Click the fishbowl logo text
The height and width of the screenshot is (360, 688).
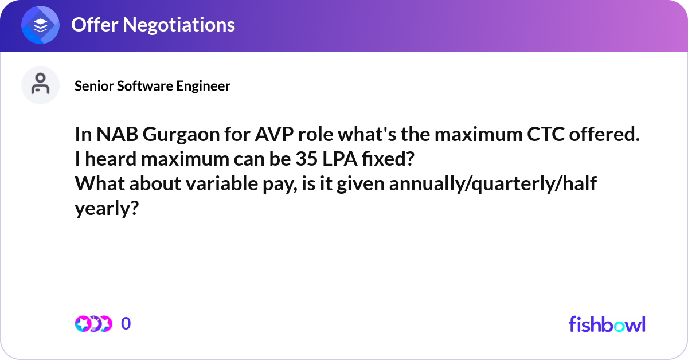(607, 324)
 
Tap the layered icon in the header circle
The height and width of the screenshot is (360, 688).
(41, 25)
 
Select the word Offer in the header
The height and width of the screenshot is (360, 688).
(91, 25)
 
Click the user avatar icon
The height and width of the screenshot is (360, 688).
(41, 85)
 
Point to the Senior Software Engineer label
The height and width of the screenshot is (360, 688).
(153, 86)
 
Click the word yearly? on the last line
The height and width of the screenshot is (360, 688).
(107, 209)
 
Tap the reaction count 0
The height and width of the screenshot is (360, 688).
(126, 324)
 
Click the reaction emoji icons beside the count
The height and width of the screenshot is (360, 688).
(93, 324)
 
